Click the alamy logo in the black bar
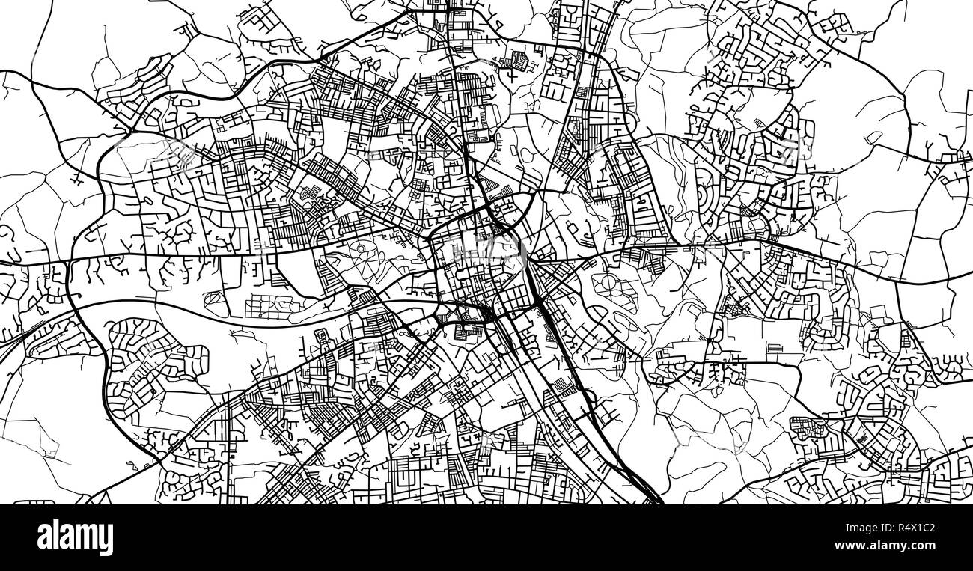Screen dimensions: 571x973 tap(75, 537)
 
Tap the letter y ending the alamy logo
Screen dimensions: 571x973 tap(107, 540)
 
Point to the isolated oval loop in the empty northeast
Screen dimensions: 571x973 tap(872, 137)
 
